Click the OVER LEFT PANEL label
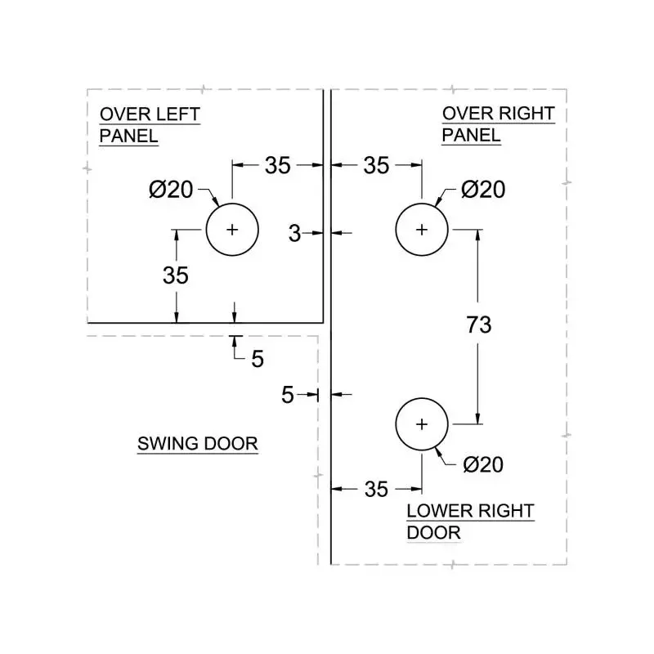149,124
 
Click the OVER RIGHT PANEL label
498,124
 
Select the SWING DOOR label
197,444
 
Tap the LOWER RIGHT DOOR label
470,522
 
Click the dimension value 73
479,325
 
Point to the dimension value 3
295,234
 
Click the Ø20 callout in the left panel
171,190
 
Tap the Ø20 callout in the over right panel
483,190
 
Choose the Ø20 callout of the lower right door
483,464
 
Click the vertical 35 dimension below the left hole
176,275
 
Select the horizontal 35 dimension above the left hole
278,165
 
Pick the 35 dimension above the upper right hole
376,165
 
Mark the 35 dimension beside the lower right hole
376,489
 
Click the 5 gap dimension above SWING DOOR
258,358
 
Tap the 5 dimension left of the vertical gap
288,395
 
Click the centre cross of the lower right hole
422,424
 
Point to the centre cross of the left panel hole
232,230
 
